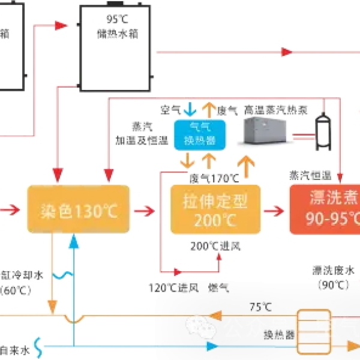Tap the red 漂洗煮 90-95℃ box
pos(325,208)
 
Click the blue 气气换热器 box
pos(199,135)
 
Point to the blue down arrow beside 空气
pos(190,109)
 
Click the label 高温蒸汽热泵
pos(276,110)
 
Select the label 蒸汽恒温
pos(310,175)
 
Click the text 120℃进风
pos(173,287)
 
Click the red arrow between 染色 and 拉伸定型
pos(144,211)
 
